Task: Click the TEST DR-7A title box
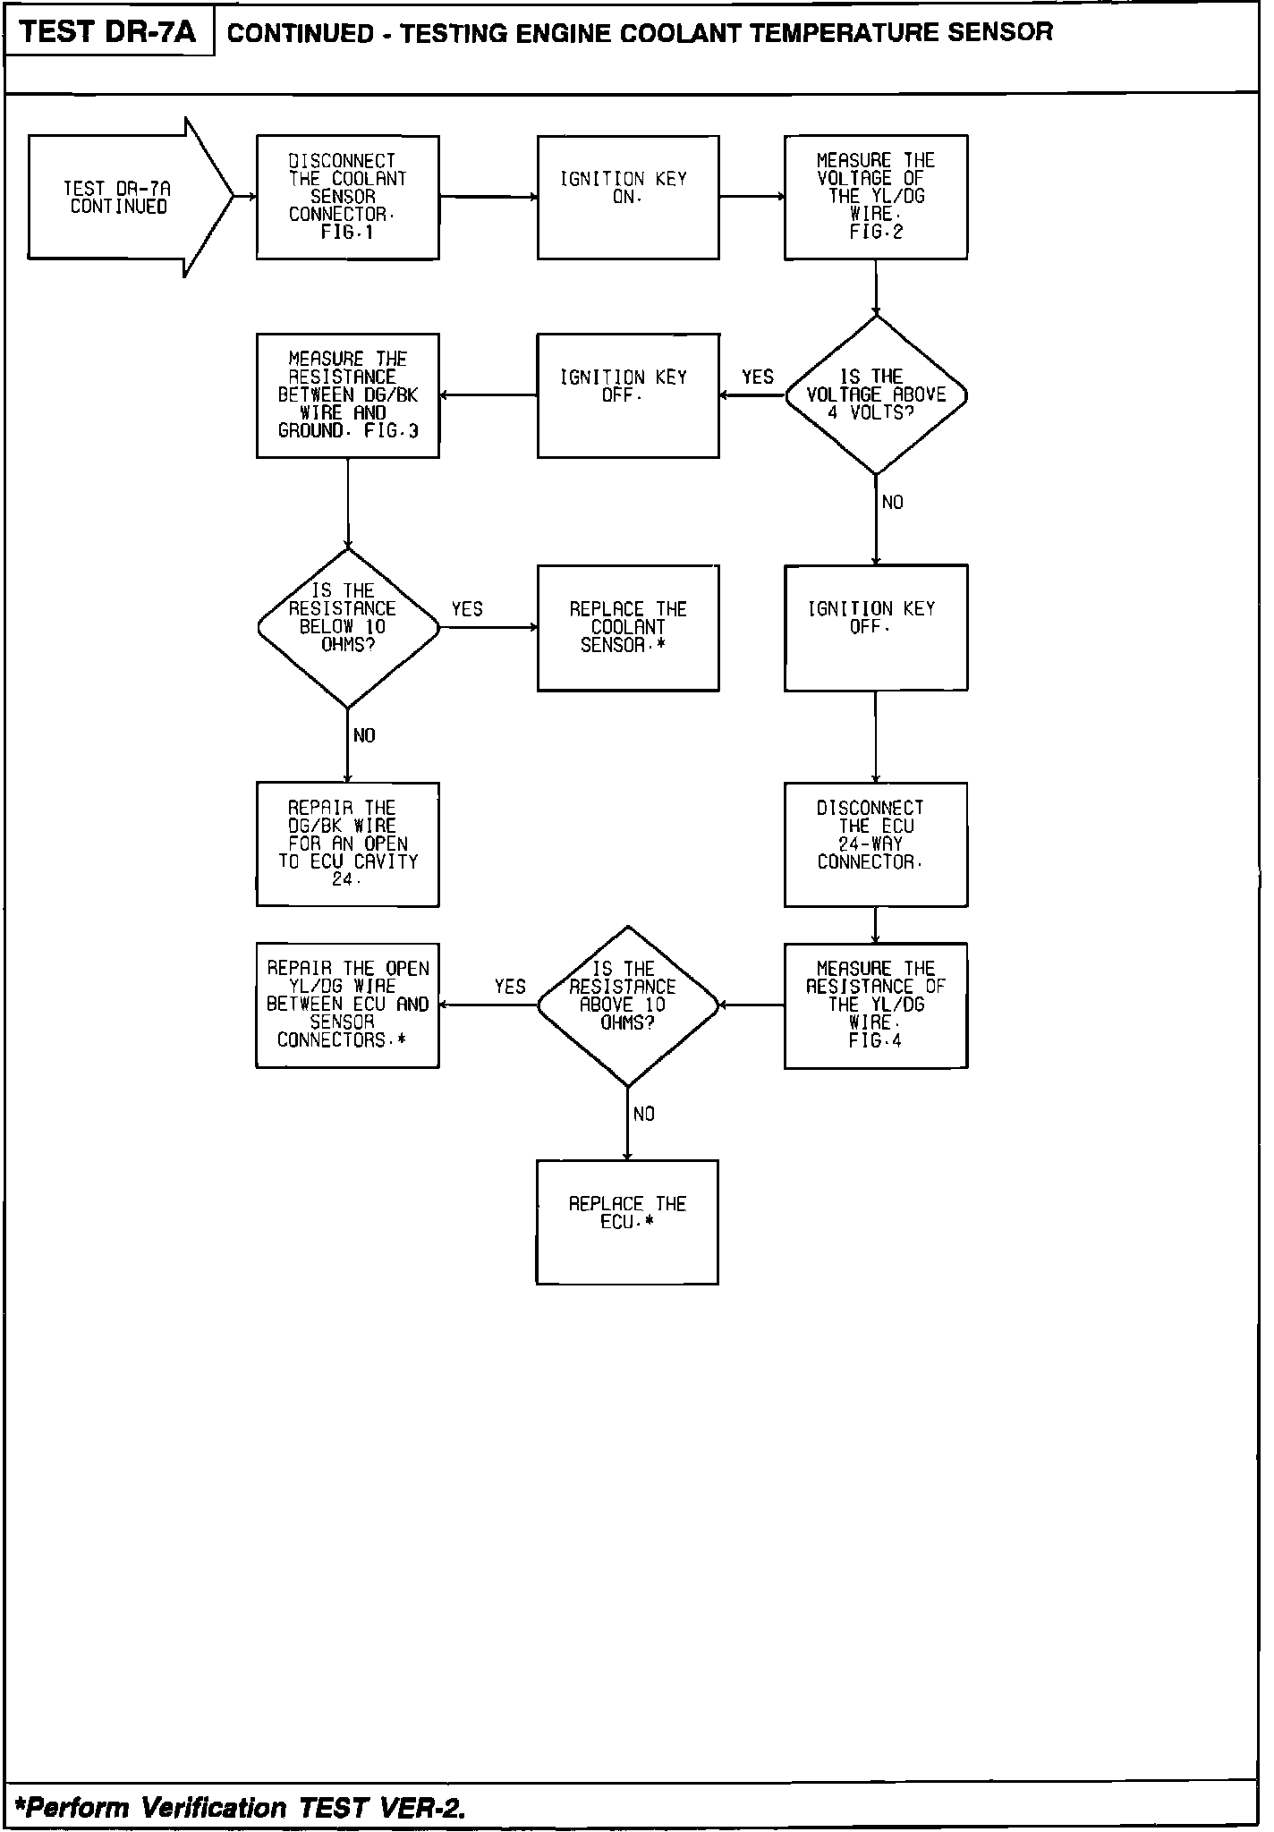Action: (107, 32)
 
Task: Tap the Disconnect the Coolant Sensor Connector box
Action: (347, 197)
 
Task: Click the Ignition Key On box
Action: (627, 197)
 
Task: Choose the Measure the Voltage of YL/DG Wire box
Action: (875, 197)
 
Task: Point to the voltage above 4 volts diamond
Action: (876, 394)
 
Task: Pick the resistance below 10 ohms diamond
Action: (348, 627)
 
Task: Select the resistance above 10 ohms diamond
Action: (627, 1005)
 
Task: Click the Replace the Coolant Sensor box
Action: (627, 627)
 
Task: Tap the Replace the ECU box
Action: (627, 1221)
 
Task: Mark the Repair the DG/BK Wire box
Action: (347, 844)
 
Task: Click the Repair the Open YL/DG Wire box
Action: (347, 1005)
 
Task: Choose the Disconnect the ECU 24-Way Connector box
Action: (875, 844)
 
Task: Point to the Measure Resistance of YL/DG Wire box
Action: (875, 1005)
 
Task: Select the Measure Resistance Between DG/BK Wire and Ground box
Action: (347, 394)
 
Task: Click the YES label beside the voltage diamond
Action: (757, 377)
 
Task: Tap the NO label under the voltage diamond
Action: (892, 503)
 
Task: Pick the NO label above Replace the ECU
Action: (643, 1114)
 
